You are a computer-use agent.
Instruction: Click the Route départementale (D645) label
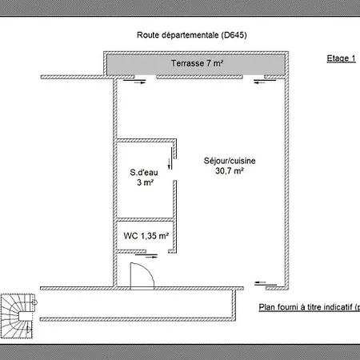tap(192, 35)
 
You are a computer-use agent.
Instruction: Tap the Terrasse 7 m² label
tap(197, 63)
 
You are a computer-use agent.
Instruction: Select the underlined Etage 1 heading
tap(342, 58)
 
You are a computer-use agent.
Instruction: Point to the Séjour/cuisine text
tap(230, 161)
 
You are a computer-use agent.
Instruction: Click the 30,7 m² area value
tap(230, 170)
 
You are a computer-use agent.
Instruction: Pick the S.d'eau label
tap(144, 172)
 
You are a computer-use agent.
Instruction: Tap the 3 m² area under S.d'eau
tap(145, 182)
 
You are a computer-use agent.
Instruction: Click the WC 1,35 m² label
tap(146, 236)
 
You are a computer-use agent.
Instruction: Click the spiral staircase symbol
tap(18, 316)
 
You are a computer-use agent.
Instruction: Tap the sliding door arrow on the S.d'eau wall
tap(169, 163)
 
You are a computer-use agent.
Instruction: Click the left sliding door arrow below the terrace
tap(139, 82)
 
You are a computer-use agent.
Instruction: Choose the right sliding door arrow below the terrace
tap(259, 82)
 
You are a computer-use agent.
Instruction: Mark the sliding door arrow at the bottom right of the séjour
tap(260, 282)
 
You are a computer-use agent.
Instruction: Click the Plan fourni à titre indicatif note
tap(310, 307)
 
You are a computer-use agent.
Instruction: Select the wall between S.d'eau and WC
tap(146, 219)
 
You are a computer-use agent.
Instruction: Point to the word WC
tap(130, 236)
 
